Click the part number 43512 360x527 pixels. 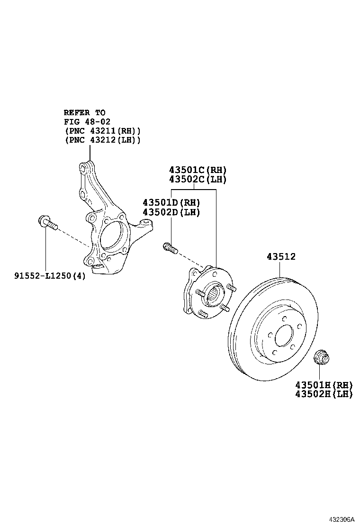click(x=281, y=257)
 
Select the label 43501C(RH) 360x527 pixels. click(x=198, y=170)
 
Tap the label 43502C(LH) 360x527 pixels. click(x=198, y=180)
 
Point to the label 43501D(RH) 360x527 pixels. click(x=171, y=203)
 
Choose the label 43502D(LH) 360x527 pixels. click(x=171, y=212)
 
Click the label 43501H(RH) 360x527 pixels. click(x=324, y=384)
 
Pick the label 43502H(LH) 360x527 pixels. click(x=324, y=394)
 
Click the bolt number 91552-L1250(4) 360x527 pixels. click(x=50, y=275)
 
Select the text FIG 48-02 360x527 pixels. click(x=87, y=122)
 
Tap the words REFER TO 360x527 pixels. click(x=85, y=113)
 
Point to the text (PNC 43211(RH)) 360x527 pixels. click(x=102, y=131)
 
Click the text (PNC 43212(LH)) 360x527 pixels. click(x=102, y=140)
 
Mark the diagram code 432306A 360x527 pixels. click(x=342, y=519)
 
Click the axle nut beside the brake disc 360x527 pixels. click(x=323, y=357)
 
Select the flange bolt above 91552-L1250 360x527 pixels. click(x=47, y=222)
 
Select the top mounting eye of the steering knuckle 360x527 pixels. click(x=83, y=167)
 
